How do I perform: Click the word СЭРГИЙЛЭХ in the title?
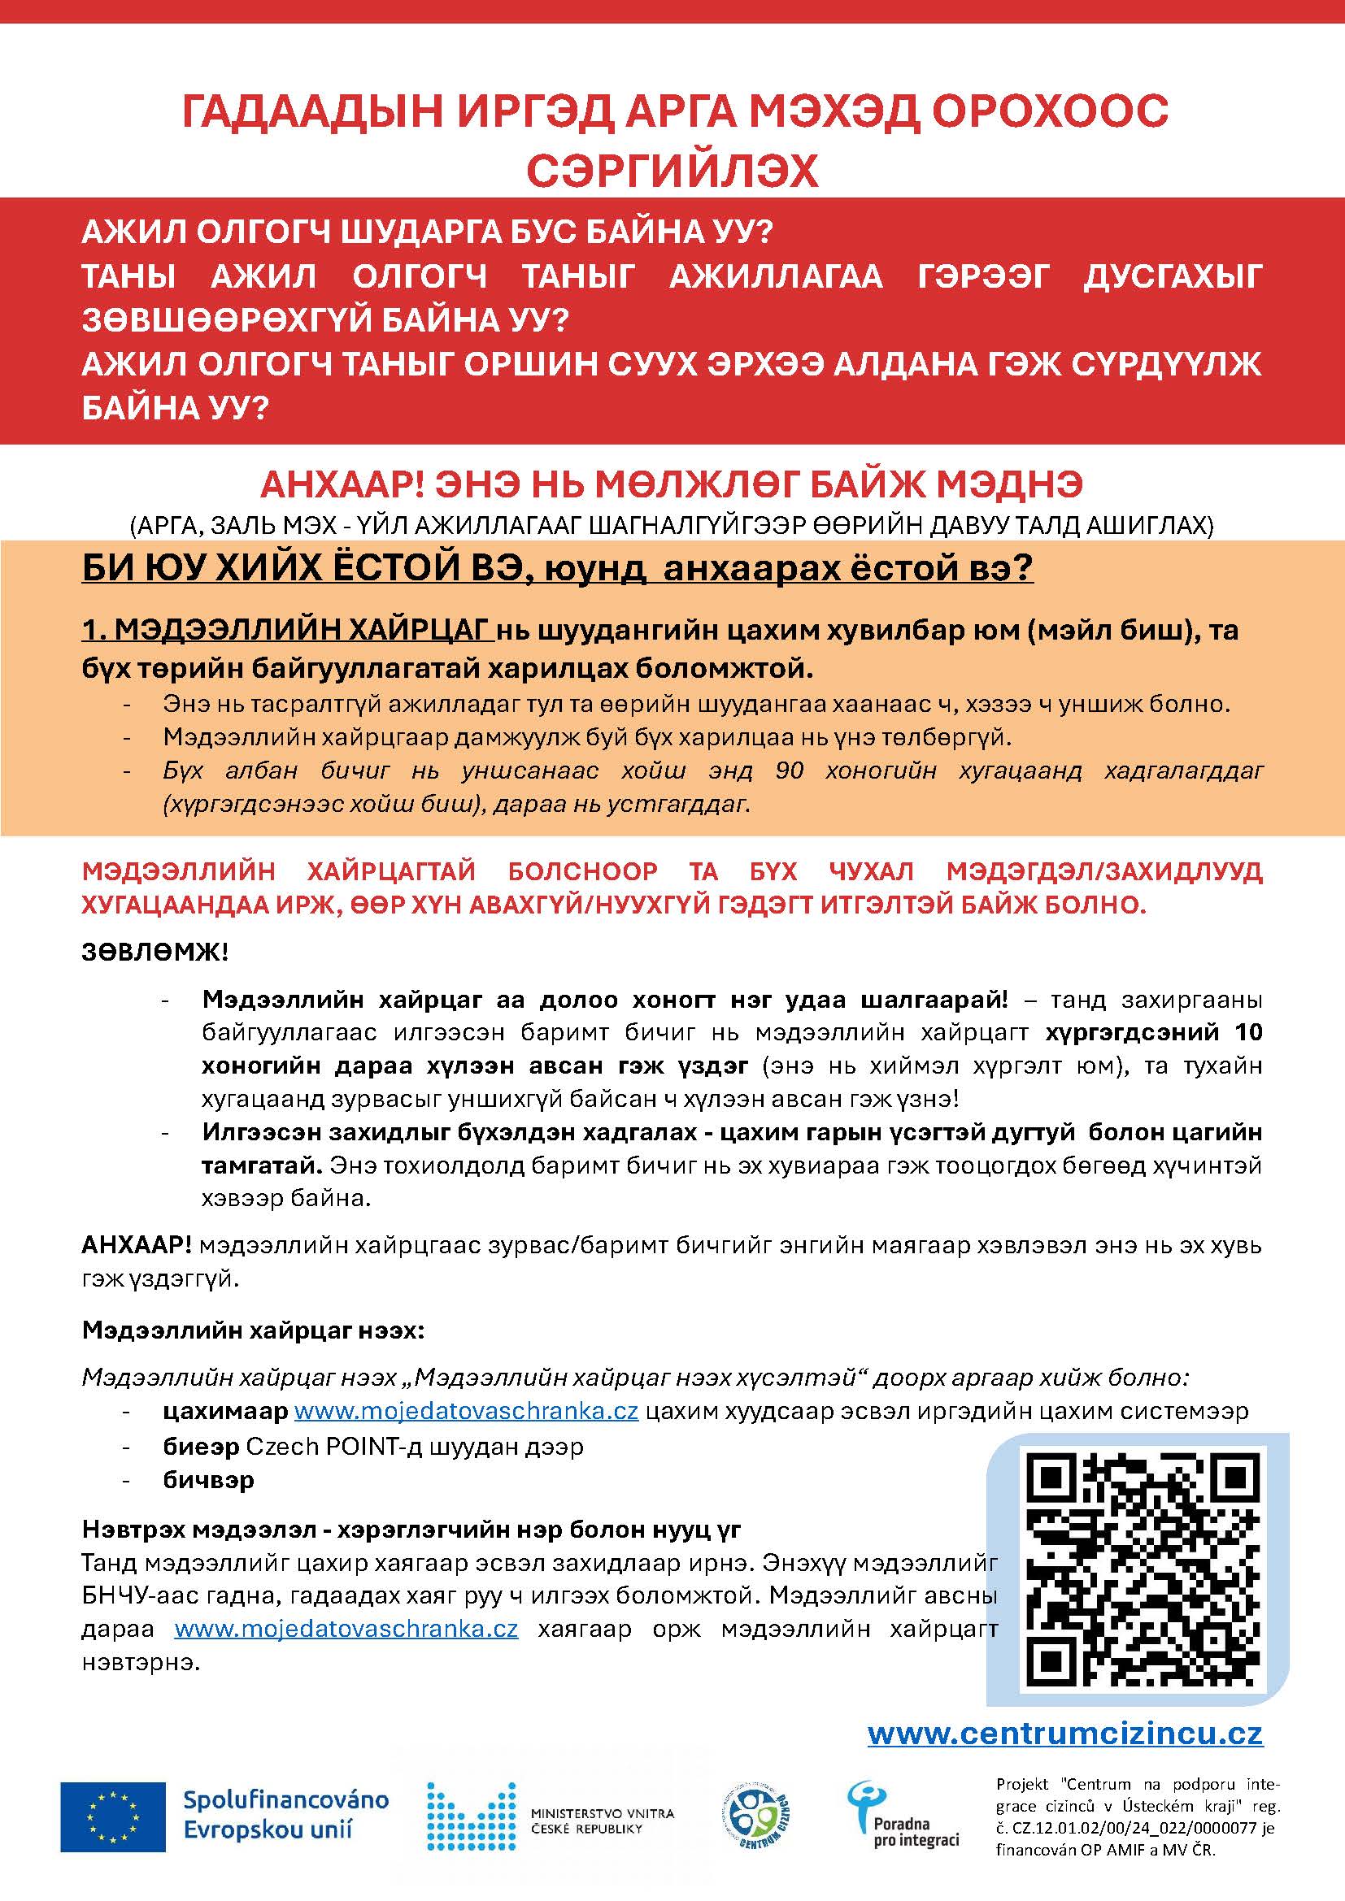pos(672,171)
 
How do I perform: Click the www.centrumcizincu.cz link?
pos(1065,1733)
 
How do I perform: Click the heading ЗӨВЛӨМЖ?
pos(155,952)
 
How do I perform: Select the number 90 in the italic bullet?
pos(790,770)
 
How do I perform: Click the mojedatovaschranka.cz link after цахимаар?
pos(466,1411)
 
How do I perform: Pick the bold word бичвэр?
pos(208,1479)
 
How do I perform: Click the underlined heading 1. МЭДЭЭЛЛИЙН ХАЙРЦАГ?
pos(287,630)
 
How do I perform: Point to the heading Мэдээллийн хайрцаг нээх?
pos(254,1330)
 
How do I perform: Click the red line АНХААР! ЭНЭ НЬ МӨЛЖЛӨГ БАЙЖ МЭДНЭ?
pos(672,485)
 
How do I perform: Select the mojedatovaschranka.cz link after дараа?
pos(346,1629)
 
